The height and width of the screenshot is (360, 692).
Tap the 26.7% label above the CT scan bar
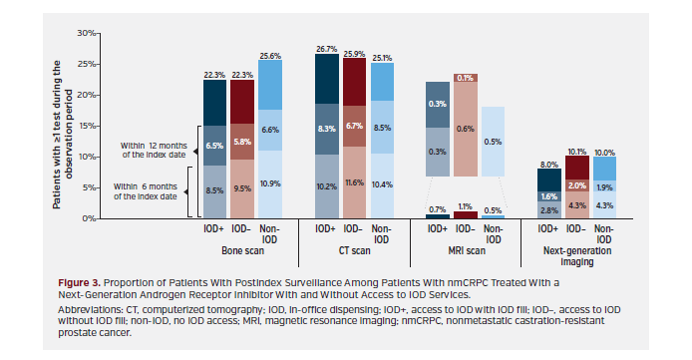point(326,47)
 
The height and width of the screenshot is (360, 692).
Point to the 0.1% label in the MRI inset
point(465,78)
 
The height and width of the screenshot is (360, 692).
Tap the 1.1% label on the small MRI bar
point(465,206)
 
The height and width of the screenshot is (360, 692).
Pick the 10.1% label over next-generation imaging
point(575,153)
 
